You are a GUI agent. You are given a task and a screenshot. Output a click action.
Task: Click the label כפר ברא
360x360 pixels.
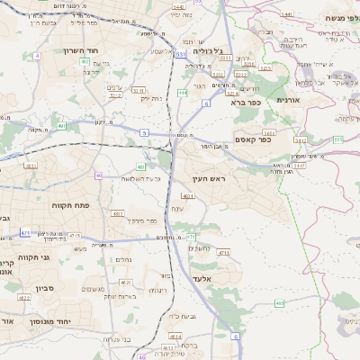(245, 103)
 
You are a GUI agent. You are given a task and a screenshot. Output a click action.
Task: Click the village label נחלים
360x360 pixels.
(125, 259)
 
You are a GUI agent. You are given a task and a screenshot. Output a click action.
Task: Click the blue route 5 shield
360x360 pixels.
(143, 132)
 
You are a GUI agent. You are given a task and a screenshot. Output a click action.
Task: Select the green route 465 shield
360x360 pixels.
(280, 303)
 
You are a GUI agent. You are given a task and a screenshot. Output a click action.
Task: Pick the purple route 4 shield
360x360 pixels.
(37, 56)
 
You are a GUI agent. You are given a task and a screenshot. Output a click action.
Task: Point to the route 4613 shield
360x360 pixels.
(171, 336)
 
